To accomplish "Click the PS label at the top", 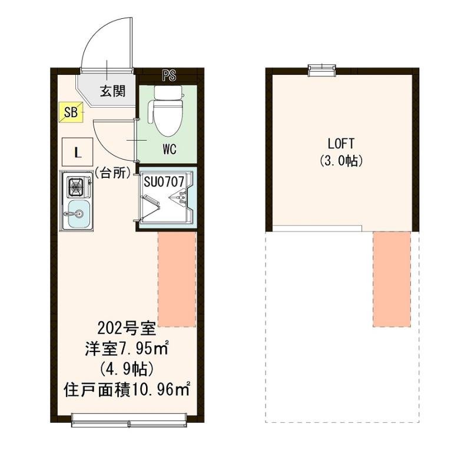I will tap(170, 75).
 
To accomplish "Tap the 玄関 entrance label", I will tap(111, 91).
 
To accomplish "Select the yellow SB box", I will tap(70, 112).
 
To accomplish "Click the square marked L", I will tap(77, 151).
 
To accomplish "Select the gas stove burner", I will tap(75, 188).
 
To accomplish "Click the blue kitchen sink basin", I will tap(76, 211).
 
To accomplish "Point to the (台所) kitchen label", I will tap(112, 174).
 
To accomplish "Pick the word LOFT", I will tap(341, 143).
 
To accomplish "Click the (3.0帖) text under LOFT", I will tap(341, 160).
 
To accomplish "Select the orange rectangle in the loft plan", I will tap(391, 279).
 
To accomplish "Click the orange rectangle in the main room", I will tap(177, 279).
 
